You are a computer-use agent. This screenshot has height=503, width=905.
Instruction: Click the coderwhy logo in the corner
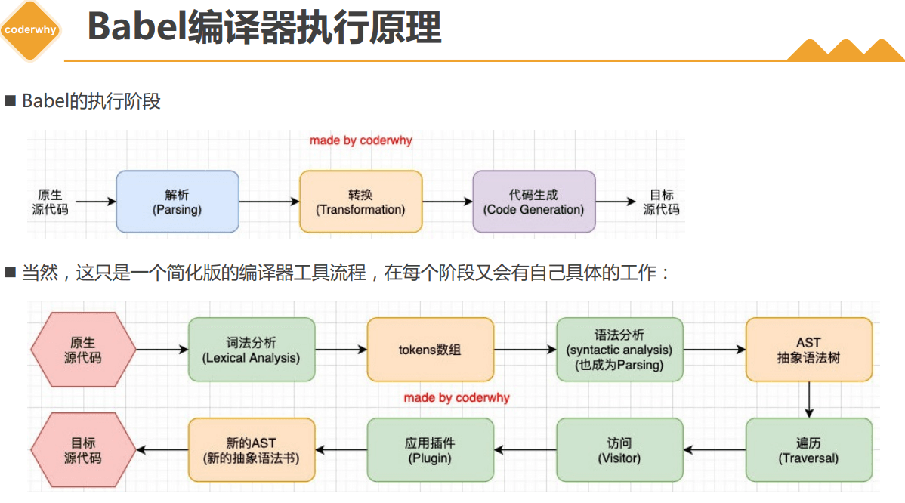pos(31,30)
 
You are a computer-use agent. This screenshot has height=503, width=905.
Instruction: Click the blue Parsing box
pos(178,202)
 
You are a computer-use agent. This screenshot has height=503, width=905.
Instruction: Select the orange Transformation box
pos(360,202)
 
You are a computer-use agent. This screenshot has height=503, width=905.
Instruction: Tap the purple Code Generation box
pos(534,202)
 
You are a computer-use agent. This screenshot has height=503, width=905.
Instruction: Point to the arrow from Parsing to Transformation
pos(269,202)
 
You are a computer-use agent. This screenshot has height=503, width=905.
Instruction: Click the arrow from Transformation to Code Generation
pos(447,202)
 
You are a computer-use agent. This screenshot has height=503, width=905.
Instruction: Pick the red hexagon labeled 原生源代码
pos(83,350)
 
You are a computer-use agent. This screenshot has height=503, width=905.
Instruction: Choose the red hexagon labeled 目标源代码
pos(83,450)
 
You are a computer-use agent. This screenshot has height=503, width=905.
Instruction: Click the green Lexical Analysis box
pos(251,350)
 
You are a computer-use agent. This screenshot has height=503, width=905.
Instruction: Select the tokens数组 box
pos(430,350)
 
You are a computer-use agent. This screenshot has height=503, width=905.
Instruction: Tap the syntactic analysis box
pos(619,350)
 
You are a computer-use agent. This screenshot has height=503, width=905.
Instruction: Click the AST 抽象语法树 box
pos(808,350)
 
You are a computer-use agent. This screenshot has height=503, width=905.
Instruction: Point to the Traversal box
pos(808,450)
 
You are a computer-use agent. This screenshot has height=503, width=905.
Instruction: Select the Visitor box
pos(619,450)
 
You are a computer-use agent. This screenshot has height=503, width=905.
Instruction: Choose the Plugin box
pos(430,450)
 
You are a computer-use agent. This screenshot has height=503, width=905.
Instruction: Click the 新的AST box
pos(251,450)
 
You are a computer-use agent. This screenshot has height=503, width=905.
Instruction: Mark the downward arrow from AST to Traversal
pos(808,400)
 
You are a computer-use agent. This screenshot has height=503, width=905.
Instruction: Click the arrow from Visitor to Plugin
pos(525,450)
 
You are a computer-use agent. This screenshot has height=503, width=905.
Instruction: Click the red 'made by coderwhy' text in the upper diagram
pos(361,140)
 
